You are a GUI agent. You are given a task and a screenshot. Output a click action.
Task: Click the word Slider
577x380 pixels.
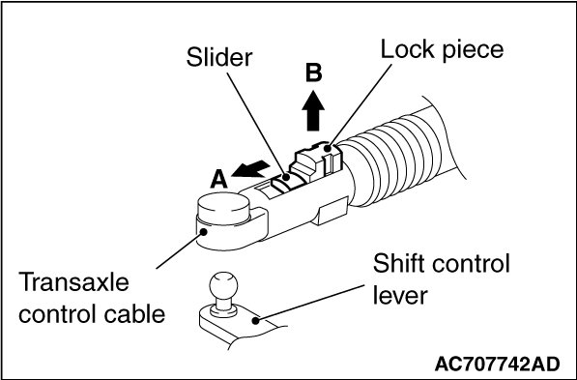[219, 57]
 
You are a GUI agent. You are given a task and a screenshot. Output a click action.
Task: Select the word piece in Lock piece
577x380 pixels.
[473, 51]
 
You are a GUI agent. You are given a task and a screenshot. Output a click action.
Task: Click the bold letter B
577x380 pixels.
[313, 73]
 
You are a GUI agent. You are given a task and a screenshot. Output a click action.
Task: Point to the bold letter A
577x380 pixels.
[218, 180]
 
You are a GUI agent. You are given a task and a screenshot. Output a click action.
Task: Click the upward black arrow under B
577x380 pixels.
[313, 110]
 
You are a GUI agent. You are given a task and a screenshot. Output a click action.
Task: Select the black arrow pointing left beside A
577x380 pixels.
[251, 169]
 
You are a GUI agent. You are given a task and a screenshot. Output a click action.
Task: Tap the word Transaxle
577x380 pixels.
[74, 282]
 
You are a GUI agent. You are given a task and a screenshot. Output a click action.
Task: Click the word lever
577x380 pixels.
[400, 295]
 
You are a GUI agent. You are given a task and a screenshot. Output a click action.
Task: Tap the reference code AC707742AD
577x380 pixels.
[497, 365]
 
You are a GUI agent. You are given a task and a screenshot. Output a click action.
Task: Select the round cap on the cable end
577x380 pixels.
[223, 208]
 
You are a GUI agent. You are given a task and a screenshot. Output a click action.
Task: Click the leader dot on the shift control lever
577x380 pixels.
[256, 321]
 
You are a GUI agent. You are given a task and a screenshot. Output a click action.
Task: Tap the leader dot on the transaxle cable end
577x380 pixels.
[203, 232]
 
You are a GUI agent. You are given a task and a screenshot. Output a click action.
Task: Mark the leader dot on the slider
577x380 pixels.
[285, 178]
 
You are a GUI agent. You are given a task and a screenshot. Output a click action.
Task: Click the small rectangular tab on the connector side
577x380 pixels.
[332, 211]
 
